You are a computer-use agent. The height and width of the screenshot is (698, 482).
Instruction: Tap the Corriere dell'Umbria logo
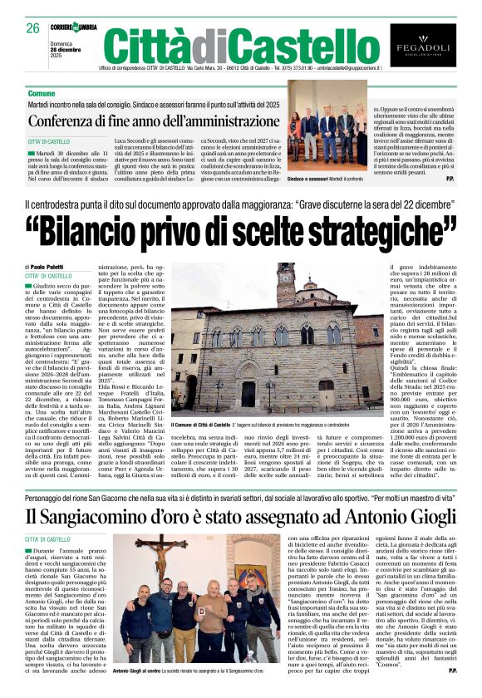coord(73,27)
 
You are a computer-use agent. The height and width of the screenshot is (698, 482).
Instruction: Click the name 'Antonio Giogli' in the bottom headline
coord(405,516)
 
